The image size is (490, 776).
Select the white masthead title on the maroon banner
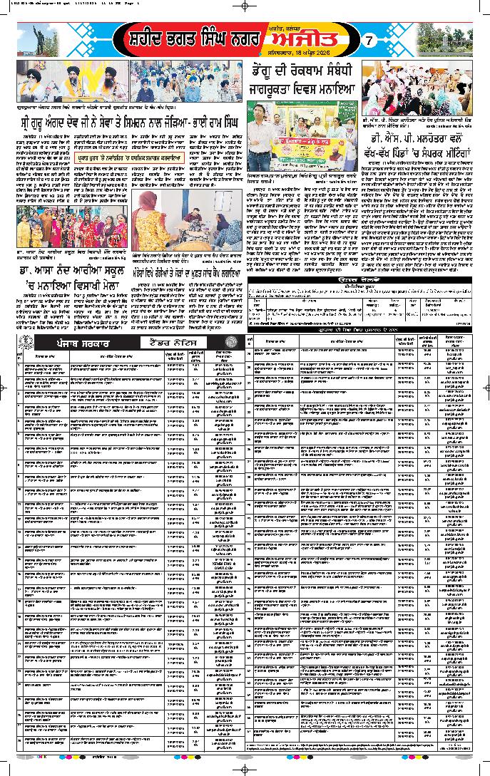click(x=190, y=40)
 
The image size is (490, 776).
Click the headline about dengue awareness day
click(x=302, y=80)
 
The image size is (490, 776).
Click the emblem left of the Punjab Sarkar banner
click(x=24, y=343)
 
